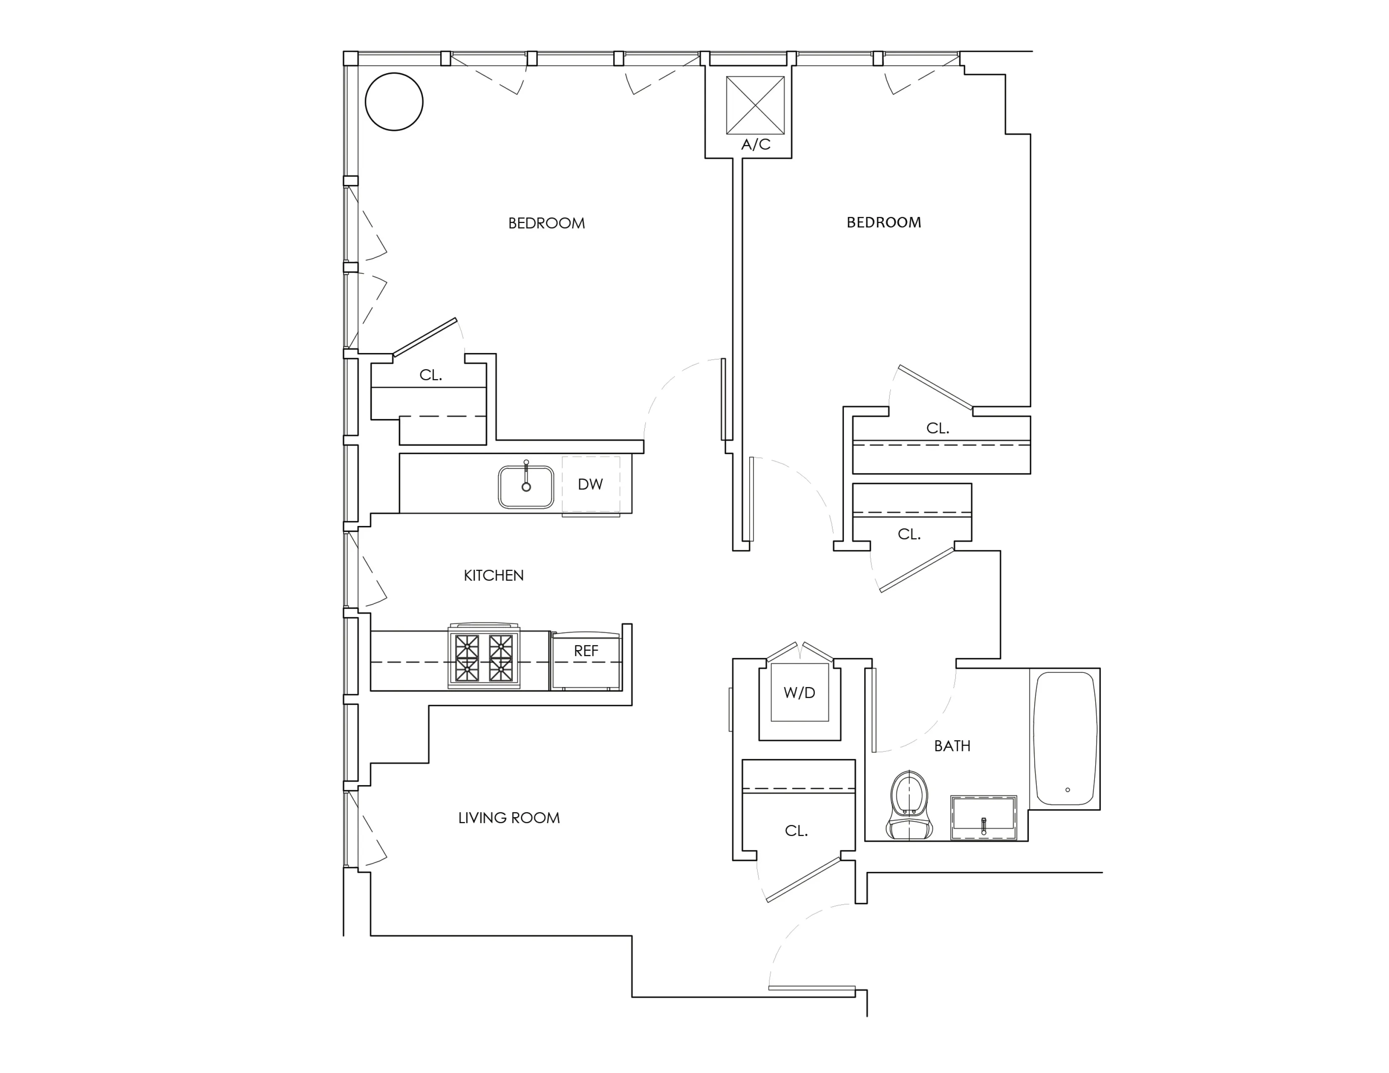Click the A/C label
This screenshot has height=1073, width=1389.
click(756, 145)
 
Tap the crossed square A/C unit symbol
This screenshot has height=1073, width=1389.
click(755, 105)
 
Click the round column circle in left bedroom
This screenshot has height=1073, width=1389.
click(394, 102)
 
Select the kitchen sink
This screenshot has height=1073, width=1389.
click(526, 487)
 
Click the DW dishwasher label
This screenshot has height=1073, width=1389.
click(590, 484)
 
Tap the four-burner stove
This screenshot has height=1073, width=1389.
click(484, 657)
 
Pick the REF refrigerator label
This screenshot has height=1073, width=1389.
click(586, 651)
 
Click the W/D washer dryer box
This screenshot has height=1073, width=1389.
click(799, 693)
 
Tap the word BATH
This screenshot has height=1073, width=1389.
click(952, 746)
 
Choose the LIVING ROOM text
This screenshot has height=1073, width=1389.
click(509, 818)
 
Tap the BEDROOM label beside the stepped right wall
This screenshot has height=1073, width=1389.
click(883, 223)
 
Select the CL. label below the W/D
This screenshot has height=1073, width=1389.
click(796, 831)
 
